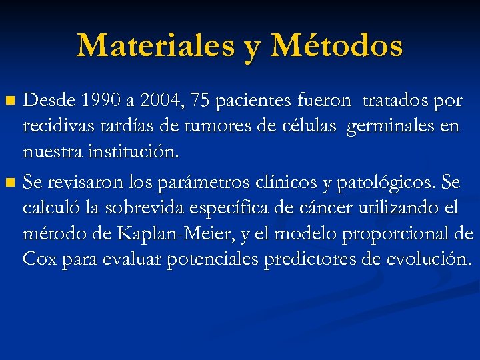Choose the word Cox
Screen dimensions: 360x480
pos(39,258)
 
